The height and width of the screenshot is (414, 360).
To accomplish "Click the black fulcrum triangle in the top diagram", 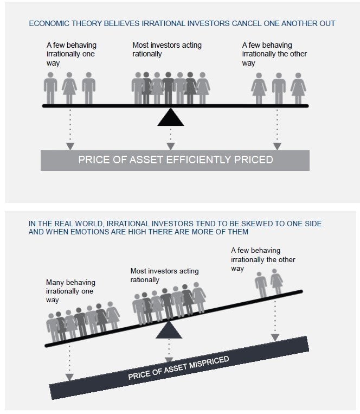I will coord(171,118).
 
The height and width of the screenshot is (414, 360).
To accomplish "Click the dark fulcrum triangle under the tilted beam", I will coord(169,330).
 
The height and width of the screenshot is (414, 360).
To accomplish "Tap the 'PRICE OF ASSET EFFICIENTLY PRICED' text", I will coord(176,160).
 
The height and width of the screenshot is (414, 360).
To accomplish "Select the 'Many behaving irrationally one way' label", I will coord(70,291).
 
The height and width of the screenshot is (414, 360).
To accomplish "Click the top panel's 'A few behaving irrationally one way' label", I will coord(71,54).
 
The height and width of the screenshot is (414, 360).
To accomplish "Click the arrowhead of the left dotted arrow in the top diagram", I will coord(69,146).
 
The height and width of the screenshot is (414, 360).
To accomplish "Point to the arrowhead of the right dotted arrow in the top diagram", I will coord(277,146).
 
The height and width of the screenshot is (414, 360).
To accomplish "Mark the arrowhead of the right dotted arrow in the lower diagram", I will coord(275,337).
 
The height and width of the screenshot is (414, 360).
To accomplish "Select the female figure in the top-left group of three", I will coord(69,90).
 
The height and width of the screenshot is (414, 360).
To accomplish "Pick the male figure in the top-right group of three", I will coord(279,90).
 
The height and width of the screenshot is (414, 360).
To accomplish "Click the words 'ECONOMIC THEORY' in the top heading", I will coord(56,23).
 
